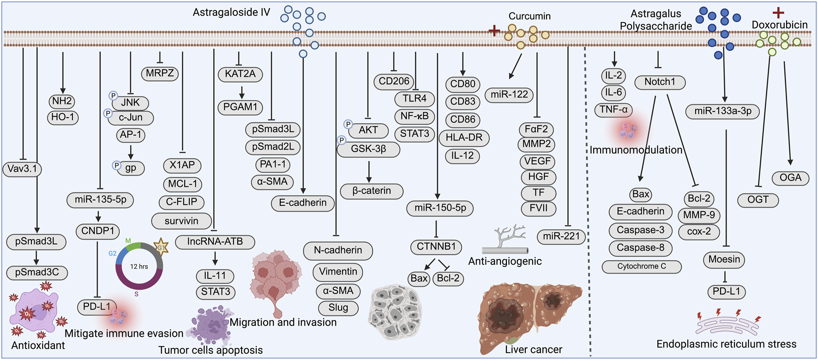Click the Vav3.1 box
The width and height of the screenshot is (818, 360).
22,169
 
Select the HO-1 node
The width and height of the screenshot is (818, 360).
63,118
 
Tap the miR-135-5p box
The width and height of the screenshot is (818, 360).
101,200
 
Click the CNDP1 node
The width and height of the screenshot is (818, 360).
97,231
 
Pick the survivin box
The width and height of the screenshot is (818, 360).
181,221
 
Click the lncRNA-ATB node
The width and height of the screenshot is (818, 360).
215,241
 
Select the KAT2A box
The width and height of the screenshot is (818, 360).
240,74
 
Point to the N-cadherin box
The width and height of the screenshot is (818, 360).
338,251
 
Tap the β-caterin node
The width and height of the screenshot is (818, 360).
372,191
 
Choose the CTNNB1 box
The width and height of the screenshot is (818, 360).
436,247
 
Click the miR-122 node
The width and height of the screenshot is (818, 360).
509,95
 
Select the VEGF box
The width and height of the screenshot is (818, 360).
538,162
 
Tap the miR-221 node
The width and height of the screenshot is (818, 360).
561,237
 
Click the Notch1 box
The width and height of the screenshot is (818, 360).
660,82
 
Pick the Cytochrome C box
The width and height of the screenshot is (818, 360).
642,266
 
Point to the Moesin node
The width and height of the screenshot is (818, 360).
724,259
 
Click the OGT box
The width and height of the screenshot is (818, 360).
758,200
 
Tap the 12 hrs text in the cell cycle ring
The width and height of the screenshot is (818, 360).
139,267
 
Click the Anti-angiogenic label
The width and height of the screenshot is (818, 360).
505,261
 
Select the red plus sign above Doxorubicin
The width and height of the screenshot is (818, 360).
778,12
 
